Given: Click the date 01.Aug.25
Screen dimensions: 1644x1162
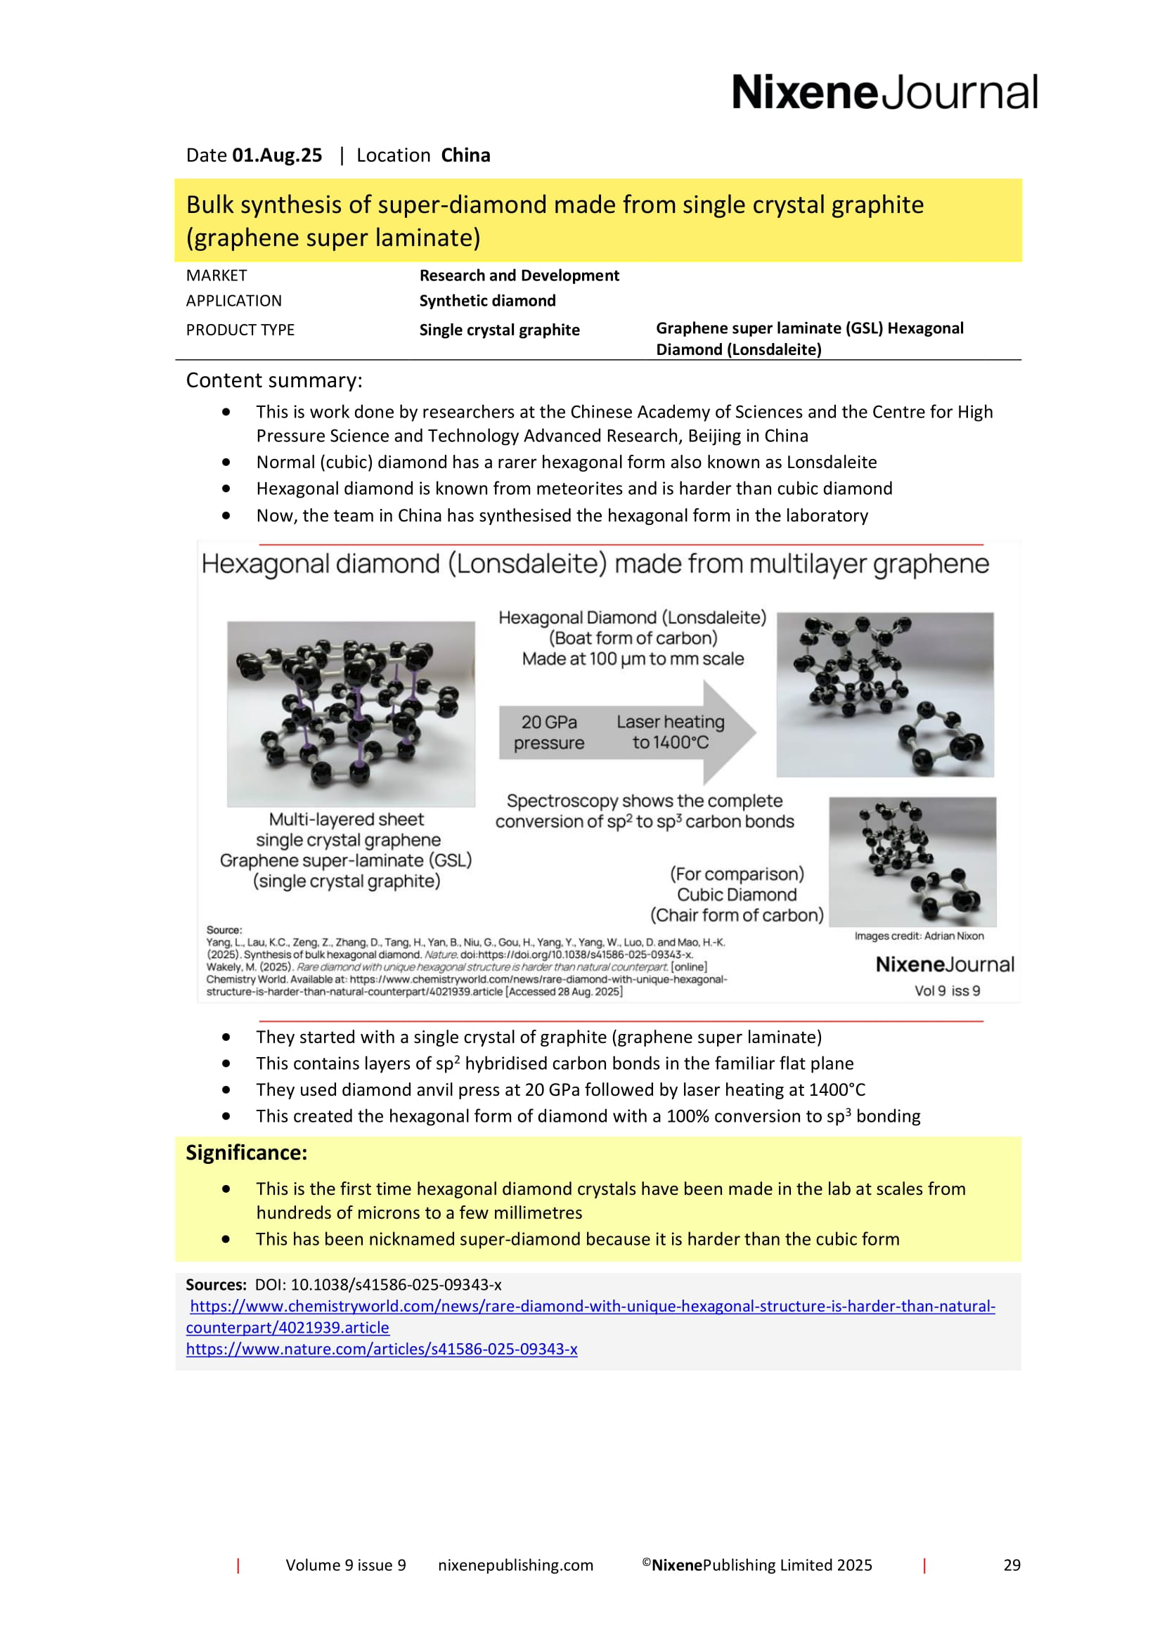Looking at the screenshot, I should [x=276, y=155].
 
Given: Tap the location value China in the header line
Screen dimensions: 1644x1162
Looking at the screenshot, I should [x=465, y=155].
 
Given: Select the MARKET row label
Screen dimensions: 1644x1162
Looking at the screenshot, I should [x=217, y=276].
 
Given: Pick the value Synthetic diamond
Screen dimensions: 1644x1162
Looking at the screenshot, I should [x=487, y=301].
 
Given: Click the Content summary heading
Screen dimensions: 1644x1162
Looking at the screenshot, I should [x=274, y=380].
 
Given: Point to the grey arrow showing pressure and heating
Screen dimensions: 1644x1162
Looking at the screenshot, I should [x=626, y=732].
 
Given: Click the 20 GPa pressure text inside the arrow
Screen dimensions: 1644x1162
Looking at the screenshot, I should [x=548, y=732].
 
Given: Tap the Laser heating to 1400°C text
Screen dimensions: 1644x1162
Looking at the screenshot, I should [x=670, y=732].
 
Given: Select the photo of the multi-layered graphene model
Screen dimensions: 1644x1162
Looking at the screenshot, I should [x=351, y=713].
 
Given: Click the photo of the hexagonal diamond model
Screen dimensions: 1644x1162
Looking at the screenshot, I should [x=885, y=694].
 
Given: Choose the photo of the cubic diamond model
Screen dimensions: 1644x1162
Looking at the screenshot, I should [x=912, y=862].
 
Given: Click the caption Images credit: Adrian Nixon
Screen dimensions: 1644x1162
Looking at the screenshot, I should [x=919, y=936].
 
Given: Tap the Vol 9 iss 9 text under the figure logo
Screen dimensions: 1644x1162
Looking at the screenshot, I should [x=946, y=991].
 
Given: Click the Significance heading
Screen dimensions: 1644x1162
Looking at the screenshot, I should [x=246, y=1153].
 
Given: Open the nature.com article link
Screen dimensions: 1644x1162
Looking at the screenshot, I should [x=382, y=1349].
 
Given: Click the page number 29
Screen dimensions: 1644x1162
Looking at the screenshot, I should [x=1012, y=1565].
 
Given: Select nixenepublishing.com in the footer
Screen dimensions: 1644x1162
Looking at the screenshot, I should [x=515, y=1565].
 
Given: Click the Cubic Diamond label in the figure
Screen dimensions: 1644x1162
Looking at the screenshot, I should [x=737, y=894].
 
